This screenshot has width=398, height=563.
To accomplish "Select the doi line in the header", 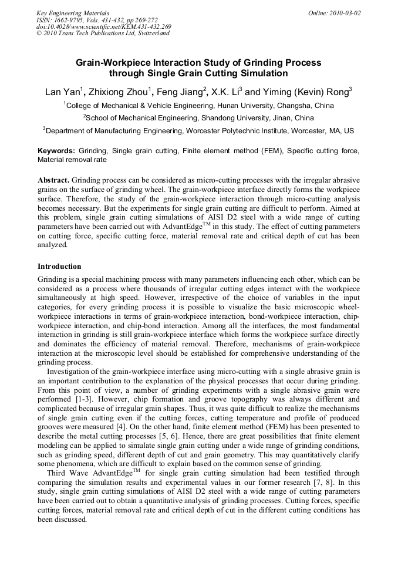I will (104, 26).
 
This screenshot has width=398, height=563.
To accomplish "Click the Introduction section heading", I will (59, 266).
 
